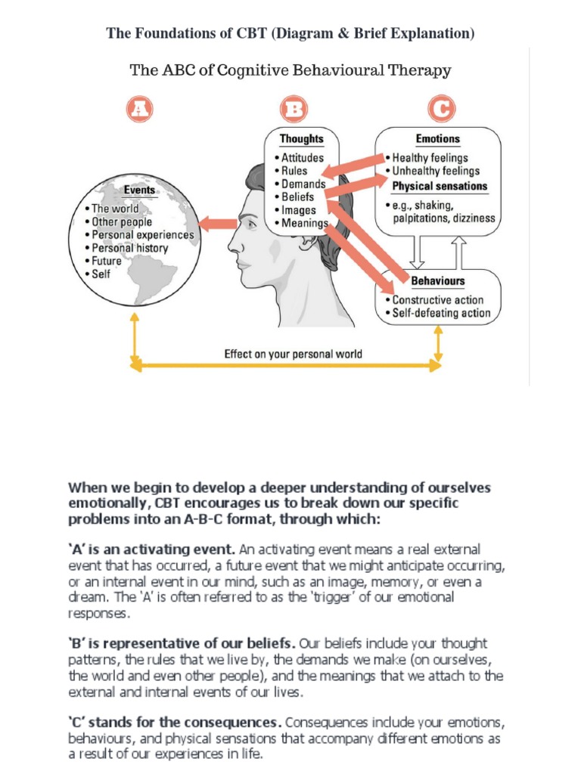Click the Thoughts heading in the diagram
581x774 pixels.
pyautogui.click(x=301, y=139)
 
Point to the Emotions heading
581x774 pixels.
pyautogui.click(x=437, y=139)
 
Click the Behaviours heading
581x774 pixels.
pyautogui.click(x=437, y=281)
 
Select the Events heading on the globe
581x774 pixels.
pyautogui.click(x=139, y=190)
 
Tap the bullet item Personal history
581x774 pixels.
pyautogui.click(x=129, y=248)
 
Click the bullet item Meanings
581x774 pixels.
pyautogui.click(x=304, y=223)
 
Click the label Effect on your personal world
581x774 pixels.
pyautogui.click(x=293, y=354)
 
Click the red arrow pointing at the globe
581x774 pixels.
pyautogui.click(x=217, y=223)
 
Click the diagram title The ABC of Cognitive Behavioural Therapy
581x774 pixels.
pyautogui.click(x=290, y=71)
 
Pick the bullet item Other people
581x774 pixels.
pyautogui.click(x=122, y=222)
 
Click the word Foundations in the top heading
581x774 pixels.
pyautogui.click(x=172, y=33)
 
